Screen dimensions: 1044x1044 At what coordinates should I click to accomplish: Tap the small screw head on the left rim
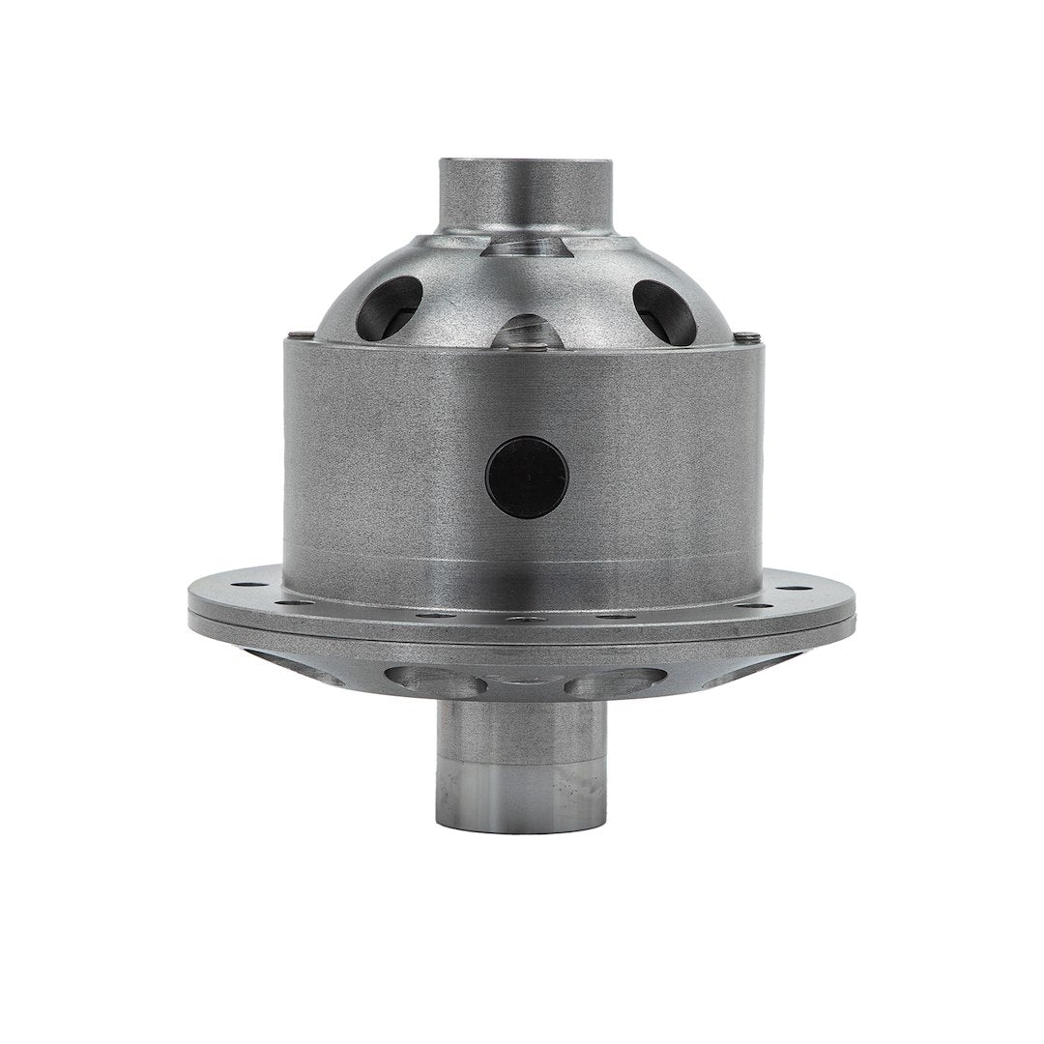306,335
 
